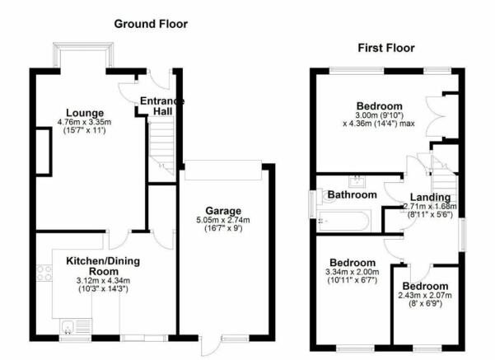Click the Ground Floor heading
[151, 24]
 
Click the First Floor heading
[386, 48]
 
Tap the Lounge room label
[85, 113]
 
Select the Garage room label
[223, 211]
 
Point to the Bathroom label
[353, 194]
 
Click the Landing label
[430, 198]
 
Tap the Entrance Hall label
[162, 106]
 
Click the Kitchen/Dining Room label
[103, 266]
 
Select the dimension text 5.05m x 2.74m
[223, 220]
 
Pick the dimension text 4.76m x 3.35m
[85, 122]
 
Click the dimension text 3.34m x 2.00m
[353, 272]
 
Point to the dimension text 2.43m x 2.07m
[425, 296]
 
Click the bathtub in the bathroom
[343, 221]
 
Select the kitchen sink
[76, 326]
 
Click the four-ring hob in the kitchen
[44, 274]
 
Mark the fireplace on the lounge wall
[44, 152]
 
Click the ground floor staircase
[161, 146]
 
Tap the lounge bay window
[83, 54]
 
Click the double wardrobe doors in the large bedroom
[435, 116]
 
